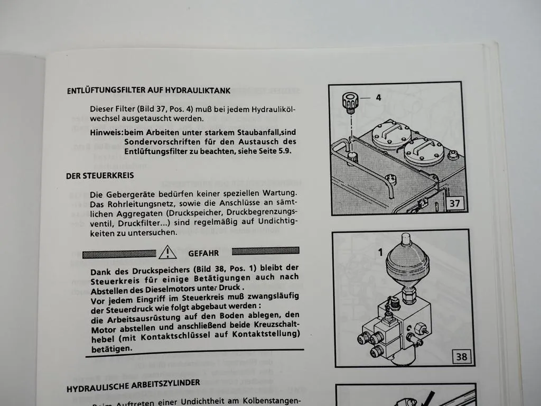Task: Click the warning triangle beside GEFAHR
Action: tap(167, 252)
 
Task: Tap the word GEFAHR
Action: tap(203, 253)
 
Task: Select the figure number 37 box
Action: tap(455, 204)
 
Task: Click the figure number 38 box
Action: tap(462, 357)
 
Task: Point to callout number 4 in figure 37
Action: tap(378, 98)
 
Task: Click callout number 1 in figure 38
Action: tap(380, 253)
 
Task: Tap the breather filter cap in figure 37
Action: tap(351, 103)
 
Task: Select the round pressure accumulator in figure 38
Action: tap(407, 262)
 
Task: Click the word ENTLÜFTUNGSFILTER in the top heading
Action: tap(106, 90)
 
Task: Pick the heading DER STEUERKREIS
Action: tap(100, 176)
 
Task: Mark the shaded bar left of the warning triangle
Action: tap(119, 254)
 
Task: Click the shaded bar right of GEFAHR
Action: tap(266, 251)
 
